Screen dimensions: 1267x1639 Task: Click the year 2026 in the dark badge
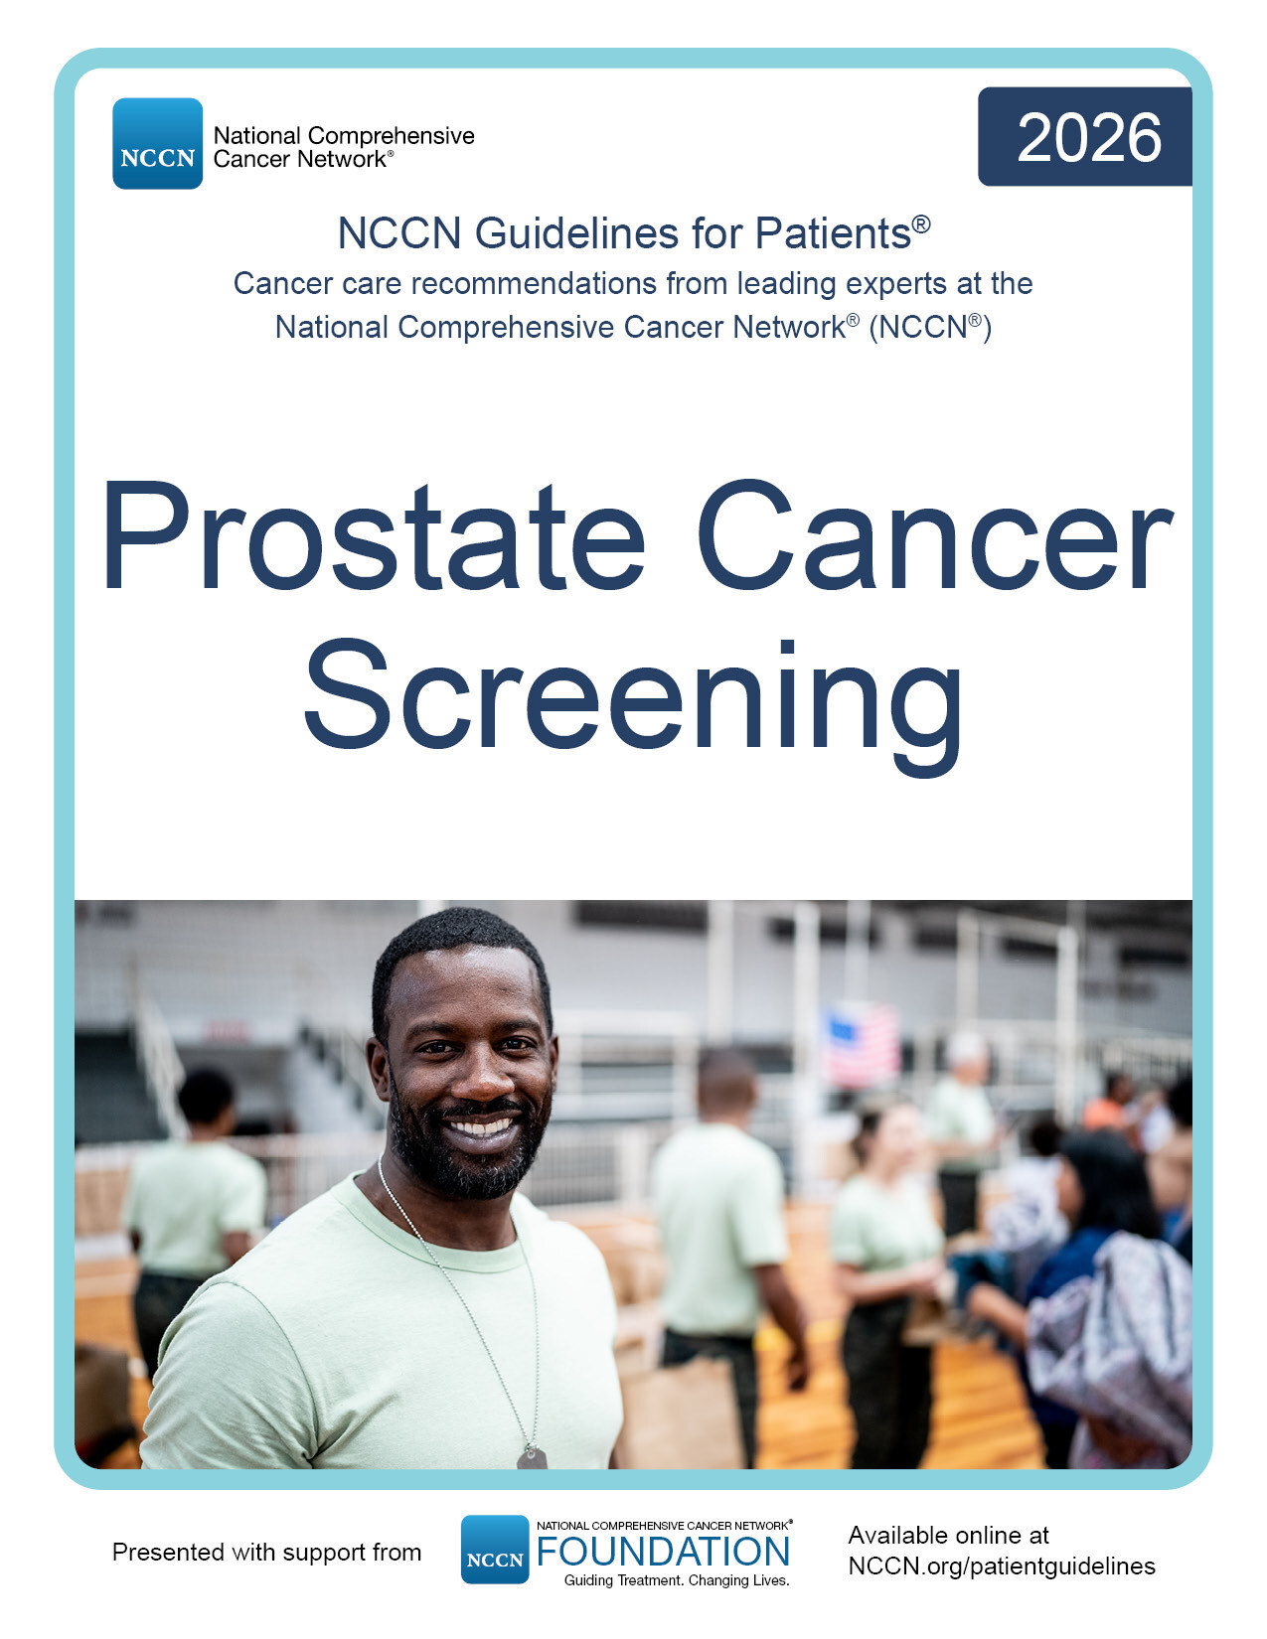1089,137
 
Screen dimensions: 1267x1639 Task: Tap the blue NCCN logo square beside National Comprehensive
158,143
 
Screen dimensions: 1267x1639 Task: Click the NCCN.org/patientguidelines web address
1002,1565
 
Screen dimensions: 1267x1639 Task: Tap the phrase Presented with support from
266,1553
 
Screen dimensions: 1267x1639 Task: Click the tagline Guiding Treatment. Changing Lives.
677,1580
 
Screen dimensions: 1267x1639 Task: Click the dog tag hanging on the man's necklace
532,1456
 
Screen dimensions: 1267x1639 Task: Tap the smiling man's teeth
481,1127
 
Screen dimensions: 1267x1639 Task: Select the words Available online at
949,1535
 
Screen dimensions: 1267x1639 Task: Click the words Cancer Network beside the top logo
300,159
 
